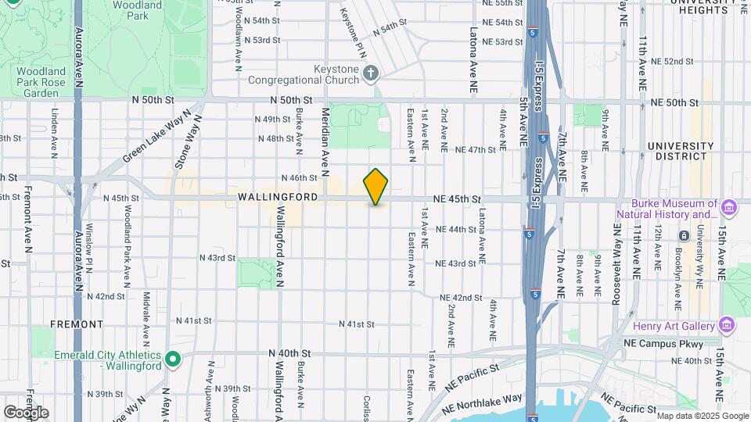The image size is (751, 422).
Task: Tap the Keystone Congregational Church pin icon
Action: [x=372, y=73]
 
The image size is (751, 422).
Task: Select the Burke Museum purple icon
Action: [x=729, y=207]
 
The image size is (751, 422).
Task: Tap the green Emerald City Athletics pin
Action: [x=174, y=359]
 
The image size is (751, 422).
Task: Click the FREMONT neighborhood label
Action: [x=76, y=324]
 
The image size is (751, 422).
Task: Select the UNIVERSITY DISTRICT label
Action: [x=681, y=152]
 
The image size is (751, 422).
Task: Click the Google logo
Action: [x=26, y=412]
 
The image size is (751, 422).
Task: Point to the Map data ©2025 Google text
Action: [x=702, y=416]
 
